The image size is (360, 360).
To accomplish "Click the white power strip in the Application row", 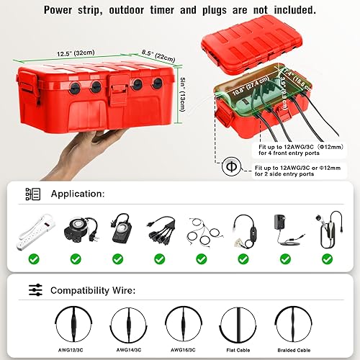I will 32,231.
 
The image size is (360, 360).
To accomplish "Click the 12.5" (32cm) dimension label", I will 75,53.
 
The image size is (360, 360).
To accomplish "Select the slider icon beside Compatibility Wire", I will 34,290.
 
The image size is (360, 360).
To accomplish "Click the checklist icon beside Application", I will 32,194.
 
